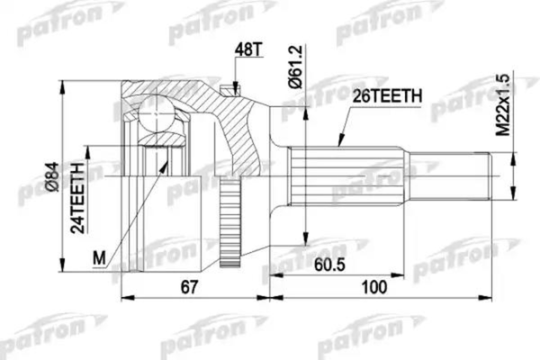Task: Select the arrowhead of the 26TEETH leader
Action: coord(338,144)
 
